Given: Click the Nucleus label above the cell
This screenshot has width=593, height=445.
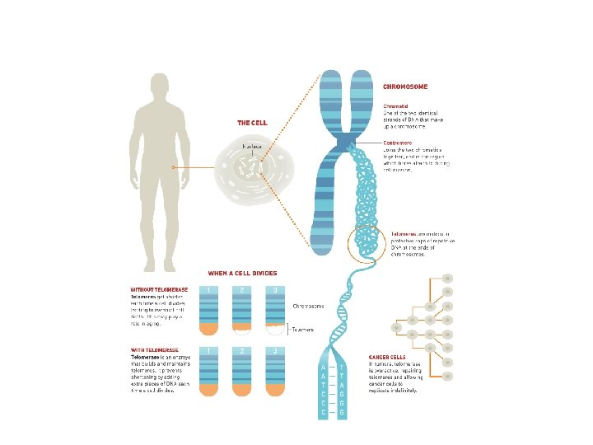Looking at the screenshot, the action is [x=252, y=146].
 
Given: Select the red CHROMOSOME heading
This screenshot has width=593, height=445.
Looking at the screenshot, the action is [x=405, y=86].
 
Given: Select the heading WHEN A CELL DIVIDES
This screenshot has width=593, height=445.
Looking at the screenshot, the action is [x=242, y=273].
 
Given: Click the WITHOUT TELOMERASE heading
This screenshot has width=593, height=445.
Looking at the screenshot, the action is [x=160, y=289].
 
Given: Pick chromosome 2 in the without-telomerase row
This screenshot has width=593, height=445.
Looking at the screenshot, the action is [x=241, y=311].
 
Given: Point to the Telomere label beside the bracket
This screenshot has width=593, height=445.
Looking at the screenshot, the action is [x=303, y=329].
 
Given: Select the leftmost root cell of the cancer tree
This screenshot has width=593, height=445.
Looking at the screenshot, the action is [x=396, y=328].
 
